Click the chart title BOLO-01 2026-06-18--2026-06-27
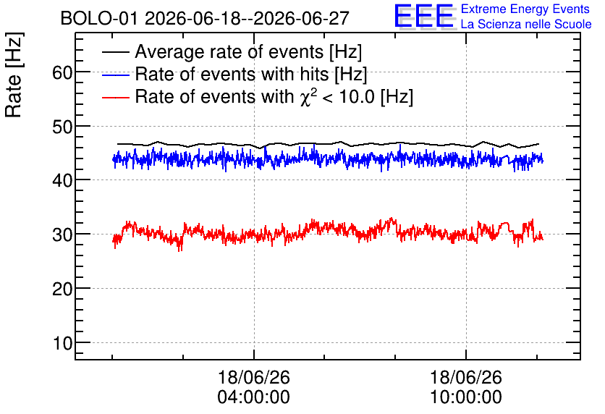coord(205,18)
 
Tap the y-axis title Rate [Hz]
coord(14,75)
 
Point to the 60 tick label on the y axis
coord(62,72)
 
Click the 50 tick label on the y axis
coord(62,126)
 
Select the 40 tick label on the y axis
coord(62,180)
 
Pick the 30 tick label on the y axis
coord(62,235)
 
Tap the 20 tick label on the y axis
coord(62,288)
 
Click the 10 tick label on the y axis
coord(62,342)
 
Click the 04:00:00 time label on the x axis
coord(253,397)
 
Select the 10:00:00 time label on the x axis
coord(466,397)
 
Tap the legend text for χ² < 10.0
coord(274,96)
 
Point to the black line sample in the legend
coord(115,52)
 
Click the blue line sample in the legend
coord(115,75)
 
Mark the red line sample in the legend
coord(115,97)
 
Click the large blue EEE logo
coord(424,16)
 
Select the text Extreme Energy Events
coord(525,9)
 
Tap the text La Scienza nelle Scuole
coord(526,24)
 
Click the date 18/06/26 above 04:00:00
coord(253,377)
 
